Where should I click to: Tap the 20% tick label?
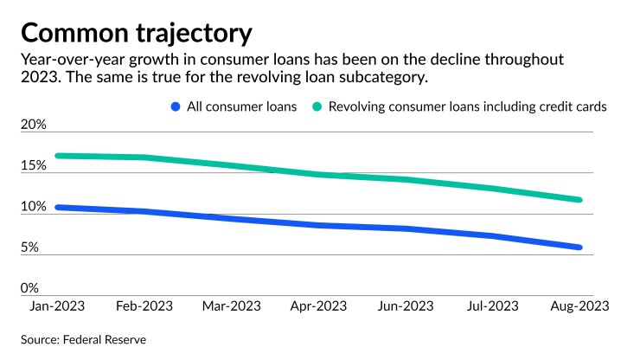34,125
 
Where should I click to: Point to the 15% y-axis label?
34,165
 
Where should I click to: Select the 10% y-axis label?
34,207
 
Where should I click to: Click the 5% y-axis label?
30,247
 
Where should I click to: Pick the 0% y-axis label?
30,288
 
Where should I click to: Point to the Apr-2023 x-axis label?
317,306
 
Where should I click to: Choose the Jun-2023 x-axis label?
405,306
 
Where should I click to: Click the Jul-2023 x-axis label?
491,306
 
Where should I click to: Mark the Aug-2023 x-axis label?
579,306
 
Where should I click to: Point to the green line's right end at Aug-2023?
579,200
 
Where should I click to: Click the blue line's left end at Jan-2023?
57,208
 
